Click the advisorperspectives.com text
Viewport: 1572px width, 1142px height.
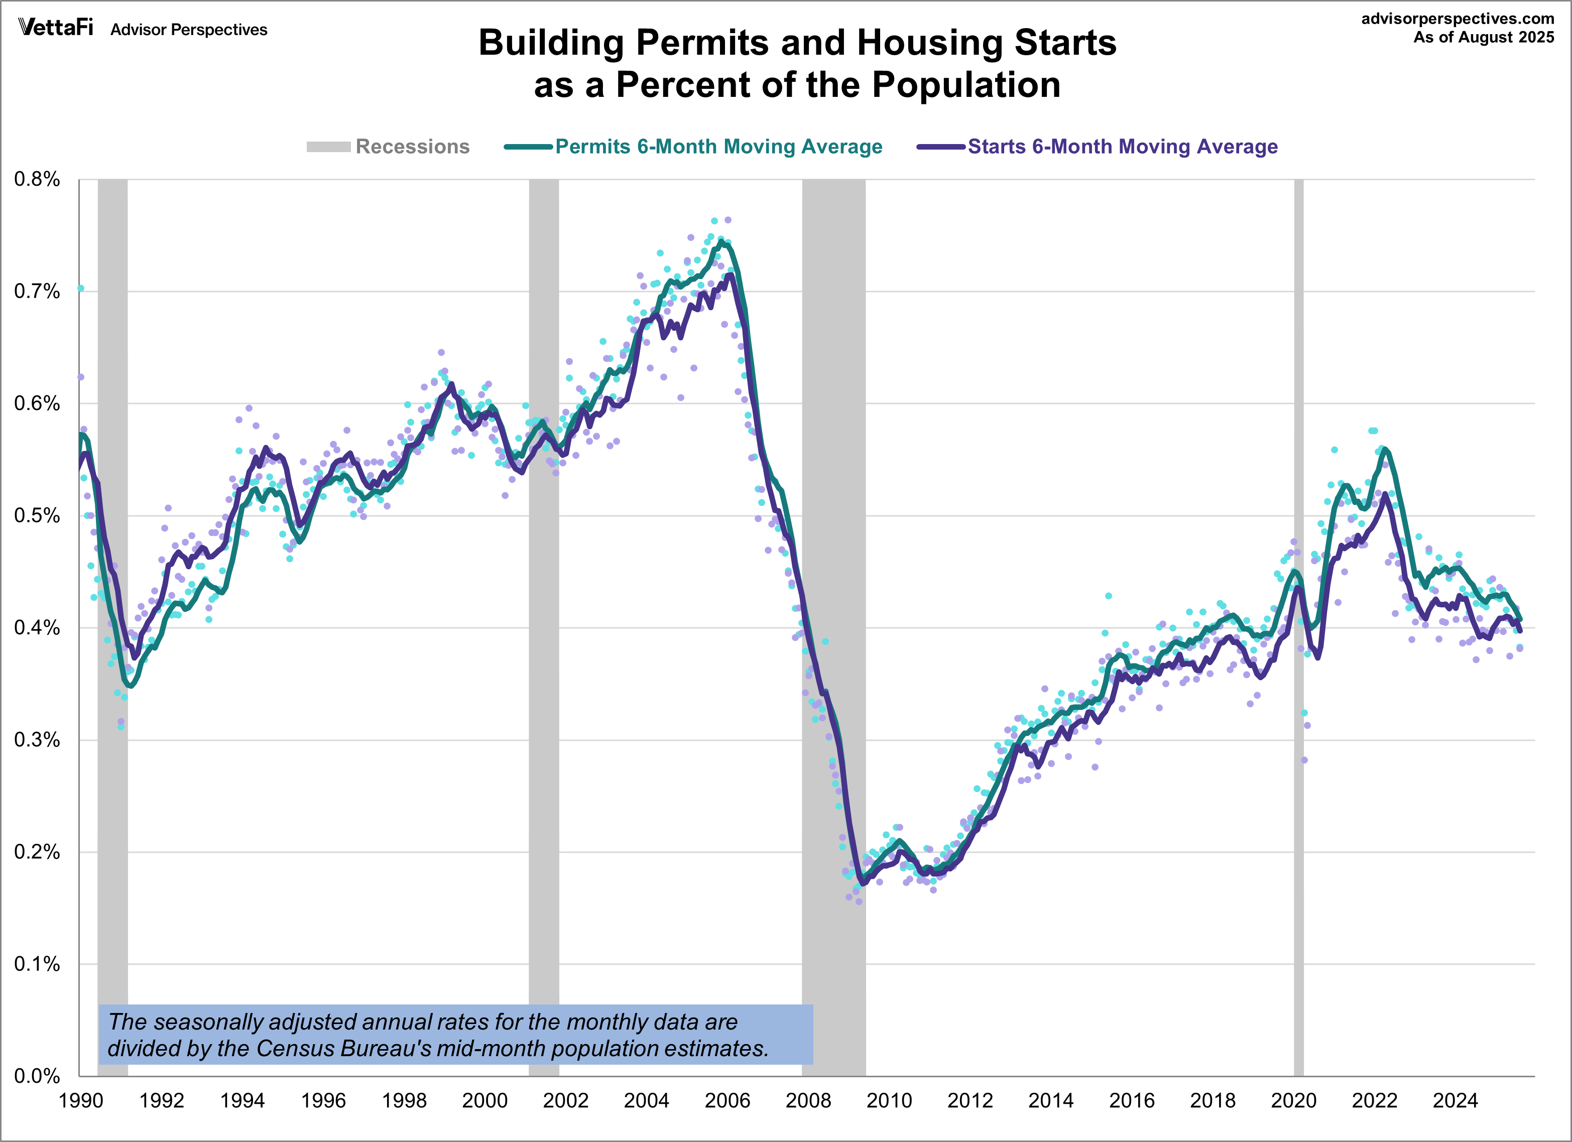(x=1457, y=19)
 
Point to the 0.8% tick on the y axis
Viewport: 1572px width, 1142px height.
(x=37, y=180)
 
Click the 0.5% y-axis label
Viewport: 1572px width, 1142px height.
(x=37, y=516)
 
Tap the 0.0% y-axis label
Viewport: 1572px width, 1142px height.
(x=37, y=1076)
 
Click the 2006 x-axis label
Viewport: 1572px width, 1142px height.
(x=727, y=1100)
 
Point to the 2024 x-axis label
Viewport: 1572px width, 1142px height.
(x=1455, y=1100)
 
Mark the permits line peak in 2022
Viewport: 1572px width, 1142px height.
(x=1384, y=449)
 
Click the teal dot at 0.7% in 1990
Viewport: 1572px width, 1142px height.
(x=80, y=288)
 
